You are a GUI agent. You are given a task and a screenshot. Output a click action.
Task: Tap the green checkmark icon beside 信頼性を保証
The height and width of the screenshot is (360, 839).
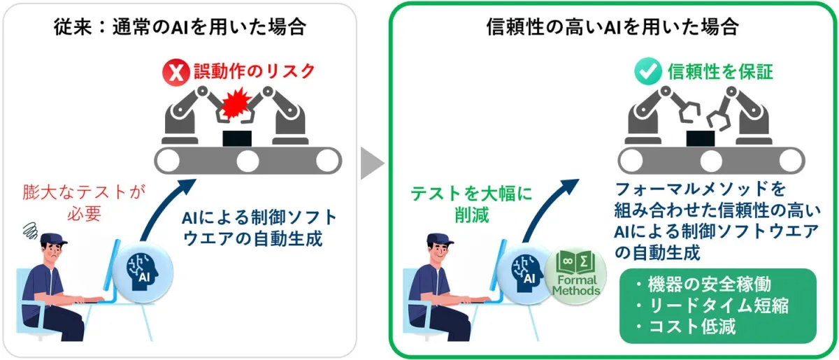click(645, 71)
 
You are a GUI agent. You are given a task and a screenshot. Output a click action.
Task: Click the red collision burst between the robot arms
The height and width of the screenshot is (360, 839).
click(237, 104)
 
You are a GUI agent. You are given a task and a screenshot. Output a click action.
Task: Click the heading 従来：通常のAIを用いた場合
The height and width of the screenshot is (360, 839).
click(180, 27)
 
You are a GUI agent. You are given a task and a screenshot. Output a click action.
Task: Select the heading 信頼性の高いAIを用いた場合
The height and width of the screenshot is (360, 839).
click(613, 27)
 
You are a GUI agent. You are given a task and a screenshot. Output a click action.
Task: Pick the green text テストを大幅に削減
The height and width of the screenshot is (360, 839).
click(468, 203)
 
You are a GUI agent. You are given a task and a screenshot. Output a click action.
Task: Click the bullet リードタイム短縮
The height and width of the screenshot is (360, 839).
click(712, 305)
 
